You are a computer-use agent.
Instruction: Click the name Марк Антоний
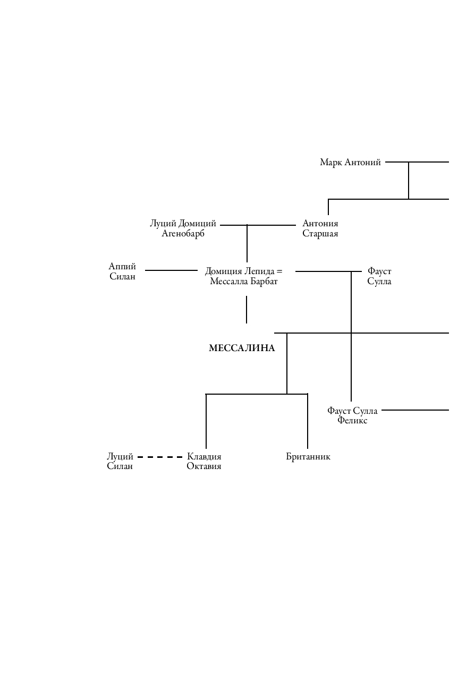[x=350, y=163]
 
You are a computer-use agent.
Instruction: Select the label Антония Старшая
[x=320, y=228]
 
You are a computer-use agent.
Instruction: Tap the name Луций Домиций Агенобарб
[x=183, y=228]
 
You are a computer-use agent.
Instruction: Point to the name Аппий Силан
[x=122, y=271]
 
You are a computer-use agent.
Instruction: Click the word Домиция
[x=223, y=271]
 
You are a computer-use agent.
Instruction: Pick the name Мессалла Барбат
[x=243, y=282]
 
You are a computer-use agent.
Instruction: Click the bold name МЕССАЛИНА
[x=242, y=348]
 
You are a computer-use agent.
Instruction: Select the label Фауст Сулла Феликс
[x=352, y=415]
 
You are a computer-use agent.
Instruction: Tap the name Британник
[x=308, y=457]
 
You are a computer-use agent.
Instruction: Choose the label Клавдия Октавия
[x=204, y=462]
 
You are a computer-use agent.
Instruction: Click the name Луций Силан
[x=120, y=462]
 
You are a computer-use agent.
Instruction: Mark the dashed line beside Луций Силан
[x=160, y=457]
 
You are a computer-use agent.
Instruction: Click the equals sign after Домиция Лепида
[x=279, y=271]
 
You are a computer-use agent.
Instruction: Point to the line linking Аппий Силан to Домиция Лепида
[x=171, y=270]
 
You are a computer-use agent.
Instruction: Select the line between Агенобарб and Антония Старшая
[x=258, y=225]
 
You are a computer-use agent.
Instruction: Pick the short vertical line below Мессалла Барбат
[x=247, y=310]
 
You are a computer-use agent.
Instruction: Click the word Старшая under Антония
[x=320, y=234]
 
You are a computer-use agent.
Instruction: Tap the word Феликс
[x=352, y=421]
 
